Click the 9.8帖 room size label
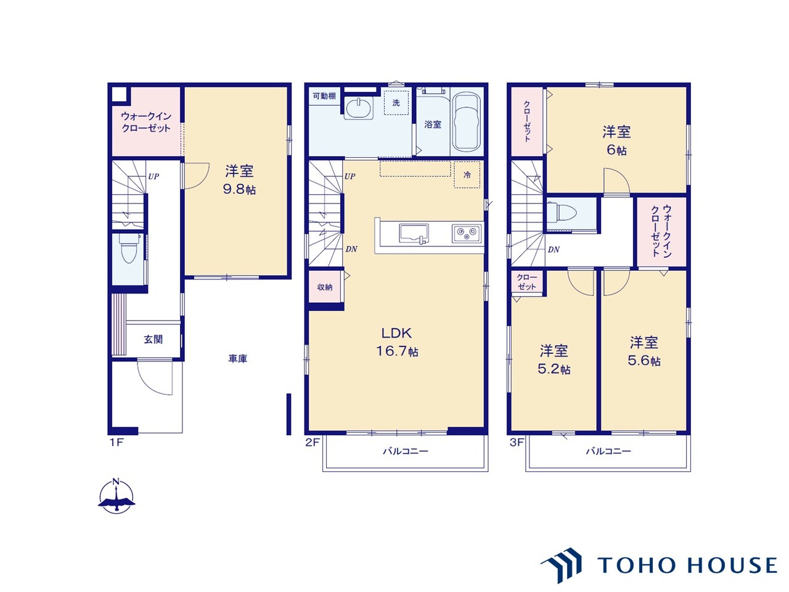tap(239, 189)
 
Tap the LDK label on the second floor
tap(396, 333)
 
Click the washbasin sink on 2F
tap(359, 107)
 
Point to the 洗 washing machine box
tap(396, 103)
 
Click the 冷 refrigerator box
tap(467, 175)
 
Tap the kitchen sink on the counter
tap(414, 234)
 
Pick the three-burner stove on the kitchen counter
tap(467, 234)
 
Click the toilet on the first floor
tap(128, 249)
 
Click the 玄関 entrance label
tap(153, 339)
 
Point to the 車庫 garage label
tap(237, 359)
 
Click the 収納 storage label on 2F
tap(325, 287)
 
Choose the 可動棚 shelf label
tap(324, 96)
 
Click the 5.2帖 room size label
tap(554, 369)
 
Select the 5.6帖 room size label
tap(644, 361)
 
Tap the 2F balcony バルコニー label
tap(405, 451)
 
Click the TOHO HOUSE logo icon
tap(562, 565)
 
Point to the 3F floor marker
tap(517, 442)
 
